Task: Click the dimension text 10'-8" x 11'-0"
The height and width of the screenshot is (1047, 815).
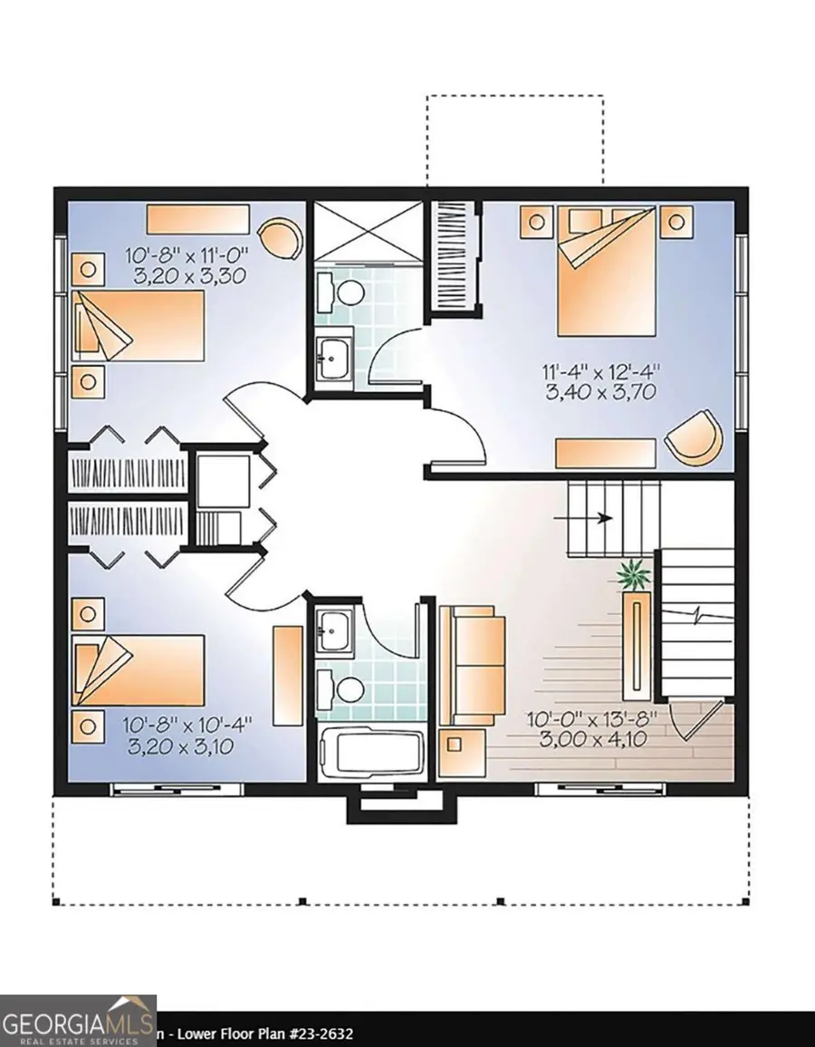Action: (187, 255)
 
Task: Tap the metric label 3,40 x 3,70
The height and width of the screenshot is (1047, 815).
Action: (600, 391)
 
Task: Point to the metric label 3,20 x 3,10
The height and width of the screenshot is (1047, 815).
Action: (180, 746)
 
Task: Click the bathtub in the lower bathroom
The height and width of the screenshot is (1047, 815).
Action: (372, 754)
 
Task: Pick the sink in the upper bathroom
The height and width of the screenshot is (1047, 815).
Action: (333, 357)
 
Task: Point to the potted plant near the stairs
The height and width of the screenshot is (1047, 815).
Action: (634, 575)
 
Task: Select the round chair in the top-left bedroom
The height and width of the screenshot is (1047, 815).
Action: (281, 239)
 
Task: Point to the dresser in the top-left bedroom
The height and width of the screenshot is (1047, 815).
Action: (197, 219)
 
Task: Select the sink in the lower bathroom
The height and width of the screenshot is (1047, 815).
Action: (334, 629)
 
